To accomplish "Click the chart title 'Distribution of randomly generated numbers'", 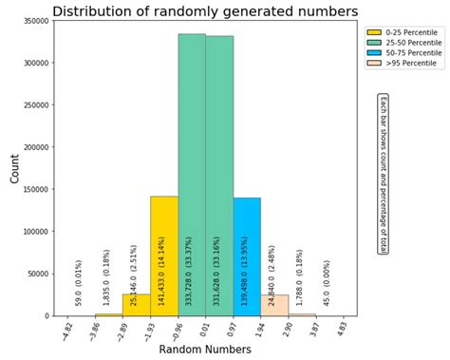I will point(205,11).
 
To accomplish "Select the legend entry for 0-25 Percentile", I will point(398,32).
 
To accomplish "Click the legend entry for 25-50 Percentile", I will point(400,43).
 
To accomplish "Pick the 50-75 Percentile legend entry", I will point(400,53).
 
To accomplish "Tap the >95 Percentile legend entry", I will point(398,64).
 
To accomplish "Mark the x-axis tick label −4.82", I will point(66,330).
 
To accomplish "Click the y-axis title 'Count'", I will point(13,169).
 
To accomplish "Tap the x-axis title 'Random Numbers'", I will point(205,351).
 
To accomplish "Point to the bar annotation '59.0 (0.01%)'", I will point(80,282).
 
